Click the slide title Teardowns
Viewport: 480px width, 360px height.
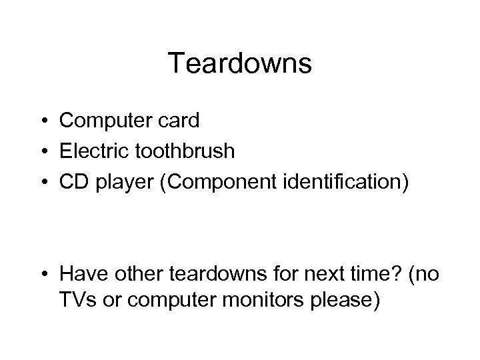click(239, 64)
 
